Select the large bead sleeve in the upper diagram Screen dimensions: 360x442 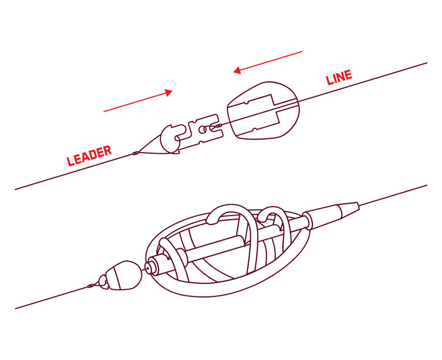[263, 111]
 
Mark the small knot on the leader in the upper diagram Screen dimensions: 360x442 [136, 153]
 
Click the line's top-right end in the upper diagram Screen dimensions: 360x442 [425, 63]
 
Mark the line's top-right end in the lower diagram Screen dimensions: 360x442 [425, 186]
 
